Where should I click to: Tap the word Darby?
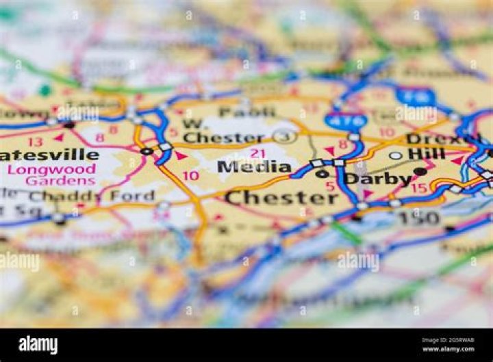pyautogui.click(x=377, y=179)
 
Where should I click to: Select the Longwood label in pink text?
pyautogui.click(x=52, y=169)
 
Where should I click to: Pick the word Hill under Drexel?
pyautogui.click(x=427, y=153)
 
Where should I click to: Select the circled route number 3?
pyautogui.click(x=284, y=137)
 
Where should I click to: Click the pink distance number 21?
pyautogui.click(x=257, y=153)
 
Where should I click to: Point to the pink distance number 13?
pyautogui.click(x=35, y=142)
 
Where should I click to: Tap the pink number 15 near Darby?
pyautogui.click(x=418, y=188)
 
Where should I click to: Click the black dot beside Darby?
pyautogui.click(x=420, y=172)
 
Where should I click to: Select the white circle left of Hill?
pyautogui.click(x=396, y=155)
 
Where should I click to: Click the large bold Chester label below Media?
pyautogui.click(x=281, y=198)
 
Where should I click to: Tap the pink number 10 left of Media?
pyautogui.click(x=190, y=176)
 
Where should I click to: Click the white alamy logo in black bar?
pyautogui.click(x=38, y=346)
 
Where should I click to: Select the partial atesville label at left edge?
pyautogui.click(x=49, y=155)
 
